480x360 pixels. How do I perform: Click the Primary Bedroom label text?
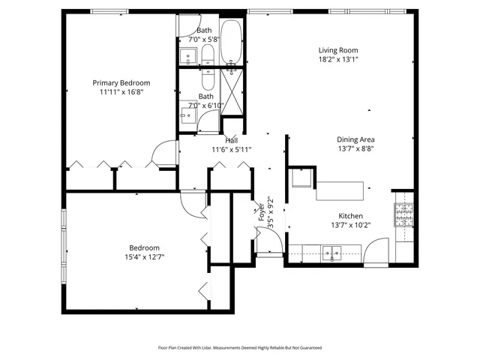point(121,82)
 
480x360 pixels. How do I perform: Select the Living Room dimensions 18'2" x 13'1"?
point(338,59)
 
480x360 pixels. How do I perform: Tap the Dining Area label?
point(355,139)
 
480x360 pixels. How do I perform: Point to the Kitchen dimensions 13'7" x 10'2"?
point(350,224)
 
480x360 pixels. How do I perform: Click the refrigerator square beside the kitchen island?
point(302,180)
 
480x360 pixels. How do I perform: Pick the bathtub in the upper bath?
point(232,43)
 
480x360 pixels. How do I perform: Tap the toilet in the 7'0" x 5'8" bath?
point(208,54)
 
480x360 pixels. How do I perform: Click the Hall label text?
point(232,140)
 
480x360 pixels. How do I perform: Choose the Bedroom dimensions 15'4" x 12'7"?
point(143,257)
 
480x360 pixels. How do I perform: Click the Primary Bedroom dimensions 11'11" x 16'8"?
point(121,92)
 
